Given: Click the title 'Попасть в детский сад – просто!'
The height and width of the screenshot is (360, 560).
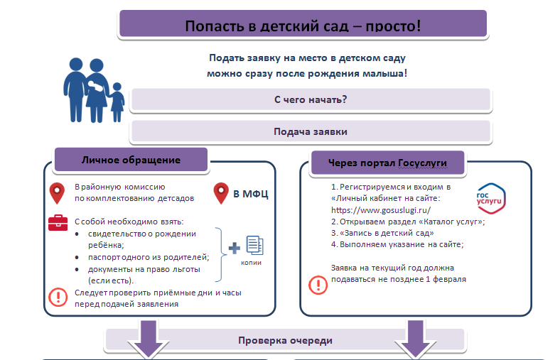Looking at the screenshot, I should point(303,26).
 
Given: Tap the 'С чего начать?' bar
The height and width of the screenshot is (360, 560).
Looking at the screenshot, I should point(310,99).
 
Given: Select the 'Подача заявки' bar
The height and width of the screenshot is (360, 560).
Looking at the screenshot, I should point(310,131).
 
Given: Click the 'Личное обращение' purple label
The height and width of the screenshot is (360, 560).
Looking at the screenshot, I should point(131,160).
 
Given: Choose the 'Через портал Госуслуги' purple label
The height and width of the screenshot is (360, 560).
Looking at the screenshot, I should point(387,163).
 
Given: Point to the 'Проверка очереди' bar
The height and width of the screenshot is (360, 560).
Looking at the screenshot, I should point(285,340).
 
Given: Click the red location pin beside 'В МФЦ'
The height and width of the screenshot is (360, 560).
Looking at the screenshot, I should point(221,192).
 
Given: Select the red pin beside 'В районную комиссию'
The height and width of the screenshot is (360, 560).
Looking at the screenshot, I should point(57,192).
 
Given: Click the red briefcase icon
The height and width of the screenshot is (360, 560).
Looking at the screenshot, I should point(57,223).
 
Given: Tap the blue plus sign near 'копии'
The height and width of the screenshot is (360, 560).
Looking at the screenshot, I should point(234,249).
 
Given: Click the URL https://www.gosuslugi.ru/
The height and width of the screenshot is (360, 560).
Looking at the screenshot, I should point(381,210).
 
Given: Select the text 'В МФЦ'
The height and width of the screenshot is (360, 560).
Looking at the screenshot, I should point(251,193).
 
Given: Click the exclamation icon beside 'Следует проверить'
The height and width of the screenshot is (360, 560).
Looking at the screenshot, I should point(56,298).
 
